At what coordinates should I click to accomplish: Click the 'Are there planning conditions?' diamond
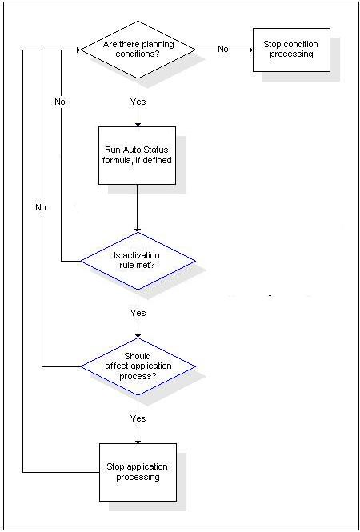coord(138,50)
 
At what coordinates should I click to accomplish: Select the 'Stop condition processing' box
coord(291,50)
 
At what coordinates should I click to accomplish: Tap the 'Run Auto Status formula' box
coord(137,155)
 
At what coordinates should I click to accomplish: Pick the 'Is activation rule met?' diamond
coord(138,261)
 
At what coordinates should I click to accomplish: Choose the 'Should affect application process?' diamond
coord(138,366)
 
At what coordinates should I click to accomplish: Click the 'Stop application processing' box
coord(138,472)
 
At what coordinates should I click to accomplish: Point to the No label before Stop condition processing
coord(223,49)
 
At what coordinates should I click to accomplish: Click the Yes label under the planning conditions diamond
coord(138,102)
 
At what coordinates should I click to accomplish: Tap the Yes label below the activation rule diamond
coord(138,313)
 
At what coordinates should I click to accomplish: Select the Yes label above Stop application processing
coord(138,418)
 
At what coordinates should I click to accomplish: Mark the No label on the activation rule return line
coord(60,102)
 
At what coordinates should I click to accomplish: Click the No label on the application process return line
coord(40,207)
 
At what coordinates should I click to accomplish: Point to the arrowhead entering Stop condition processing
coord(250,50)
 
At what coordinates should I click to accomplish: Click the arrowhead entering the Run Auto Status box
coord(138,124)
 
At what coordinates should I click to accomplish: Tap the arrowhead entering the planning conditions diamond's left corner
coord(78,50)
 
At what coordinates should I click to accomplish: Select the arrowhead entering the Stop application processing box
coord(138,441)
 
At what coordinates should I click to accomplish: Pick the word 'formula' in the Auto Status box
coord(116,160)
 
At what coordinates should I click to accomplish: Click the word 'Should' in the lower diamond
coord(138,356)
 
